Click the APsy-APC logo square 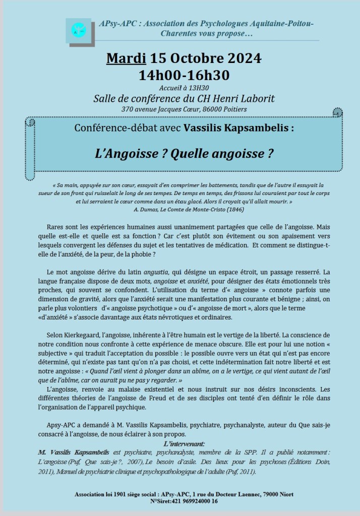click(x=79, y=30)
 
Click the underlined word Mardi click(x=126, y=58)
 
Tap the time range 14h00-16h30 click(x=184, y=75)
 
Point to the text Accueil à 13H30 click(x=184, y=88)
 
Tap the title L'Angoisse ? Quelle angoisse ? click(x=184, y=154)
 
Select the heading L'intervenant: click(x=184, y=443)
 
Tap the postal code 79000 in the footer click(x=272, y=494)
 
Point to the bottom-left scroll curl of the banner click(x=30, y=174)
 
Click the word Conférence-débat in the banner click(x=107, y=128)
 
